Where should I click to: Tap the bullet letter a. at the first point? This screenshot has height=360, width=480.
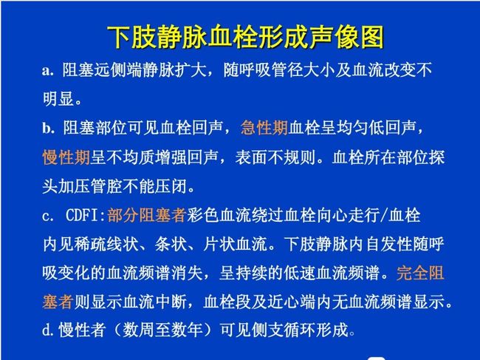point(48,71)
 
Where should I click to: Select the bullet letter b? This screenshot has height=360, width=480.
point(49,128)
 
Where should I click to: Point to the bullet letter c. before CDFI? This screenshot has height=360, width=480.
point(48,216)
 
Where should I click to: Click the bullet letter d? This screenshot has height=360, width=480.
point(49,330)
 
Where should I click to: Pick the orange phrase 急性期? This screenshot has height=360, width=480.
point(264,128)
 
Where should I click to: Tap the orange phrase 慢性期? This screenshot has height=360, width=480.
point(66,157)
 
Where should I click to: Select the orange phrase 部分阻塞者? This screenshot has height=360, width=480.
point(147,215)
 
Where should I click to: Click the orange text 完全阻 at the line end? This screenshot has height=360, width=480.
point(420,273)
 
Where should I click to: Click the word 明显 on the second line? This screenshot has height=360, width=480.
point(58,99)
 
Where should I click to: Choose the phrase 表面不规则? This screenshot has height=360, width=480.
point(275,157)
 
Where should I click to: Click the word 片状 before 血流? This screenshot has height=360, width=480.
point(219,244)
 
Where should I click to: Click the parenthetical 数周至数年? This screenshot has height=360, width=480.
point(162,330)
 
